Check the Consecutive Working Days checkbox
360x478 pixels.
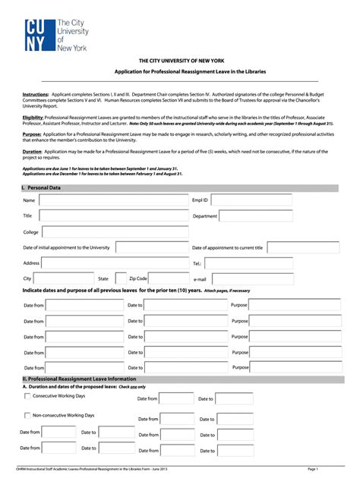[x=28, y=396]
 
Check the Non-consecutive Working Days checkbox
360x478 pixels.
[x=28, y=416]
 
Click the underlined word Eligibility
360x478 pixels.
[x=33, y=118]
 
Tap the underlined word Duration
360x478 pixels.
[x=32, y=152]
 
